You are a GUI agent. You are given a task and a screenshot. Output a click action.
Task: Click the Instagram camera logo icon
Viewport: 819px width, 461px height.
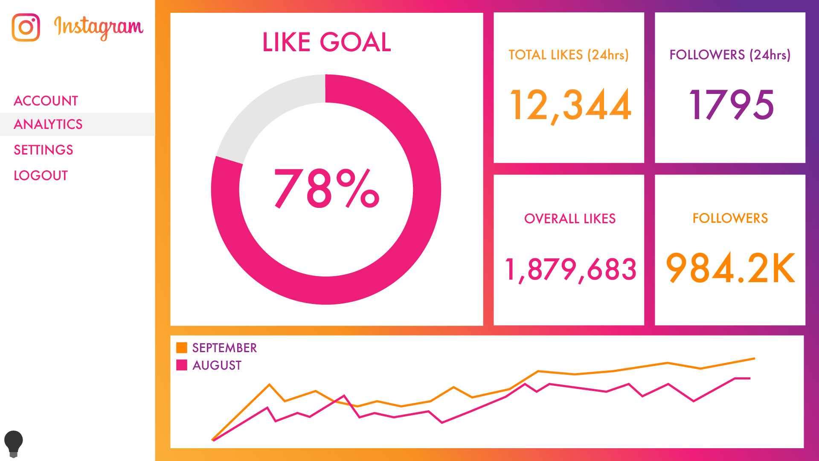(26, 27)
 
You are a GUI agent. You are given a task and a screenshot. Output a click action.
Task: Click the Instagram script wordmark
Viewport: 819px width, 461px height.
(99, 28)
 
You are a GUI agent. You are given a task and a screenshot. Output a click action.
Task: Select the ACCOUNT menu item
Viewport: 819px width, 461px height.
(46, 101)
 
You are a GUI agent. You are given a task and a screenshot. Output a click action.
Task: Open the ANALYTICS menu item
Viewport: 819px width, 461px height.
(48, 124)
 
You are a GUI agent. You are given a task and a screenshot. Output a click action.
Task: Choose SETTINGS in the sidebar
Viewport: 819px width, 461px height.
(44, 150)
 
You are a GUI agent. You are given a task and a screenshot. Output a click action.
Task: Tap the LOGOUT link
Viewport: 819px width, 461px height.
(41, 175)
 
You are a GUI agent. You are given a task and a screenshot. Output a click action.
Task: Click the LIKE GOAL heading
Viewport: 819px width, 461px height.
(326, 42)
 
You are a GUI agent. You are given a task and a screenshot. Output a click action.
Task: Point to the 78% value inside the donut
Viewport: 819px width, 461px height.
(326, 188)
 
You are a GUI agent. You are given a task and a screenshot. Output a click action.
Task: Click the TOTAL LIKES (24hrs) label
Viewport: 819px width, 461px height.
(569, 55)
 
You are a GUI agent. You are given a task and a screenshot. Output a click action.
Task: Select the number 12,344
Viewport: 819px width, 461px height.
(570, 105)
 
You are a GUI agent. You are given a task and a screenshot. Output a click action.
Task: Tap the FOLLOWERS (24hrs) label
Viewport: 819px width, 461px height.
(730, 55)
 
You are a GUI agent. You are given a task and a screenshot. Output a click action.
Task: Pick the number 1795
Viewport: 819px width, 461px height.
(731, 105)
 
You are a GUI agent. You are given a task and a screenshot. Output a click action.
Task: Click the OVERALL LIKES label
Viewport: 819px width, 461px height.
(570, 219)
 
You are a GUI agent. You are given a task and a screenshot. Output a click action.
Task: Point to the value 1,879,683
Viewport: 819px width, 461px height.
(570, 269)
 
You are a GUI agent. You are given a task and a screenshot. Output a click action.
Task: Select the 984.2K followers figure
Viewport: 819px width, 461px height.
(730, 268)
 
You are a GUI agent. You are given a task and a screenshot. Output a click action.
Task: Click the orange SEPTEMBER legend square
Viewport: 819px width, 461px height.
(182, 348)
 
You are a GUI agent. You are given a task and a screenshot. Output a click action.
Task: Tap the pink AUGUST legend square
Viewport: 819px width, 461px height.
(182, 365)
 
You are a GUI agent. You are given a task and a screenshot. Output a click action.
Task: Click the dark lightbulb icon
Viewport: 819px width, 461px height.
(13, 443)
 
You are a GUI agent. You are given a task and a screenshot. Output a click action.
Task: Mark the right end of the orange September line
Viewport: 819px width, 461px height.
(754, 359)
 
